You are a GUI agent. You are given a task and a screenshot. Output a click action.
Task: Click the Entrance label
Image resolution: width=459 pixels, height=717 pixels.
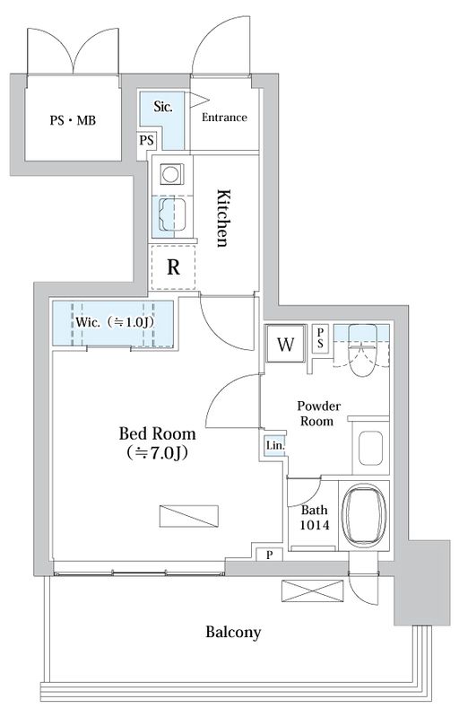click(224, 118)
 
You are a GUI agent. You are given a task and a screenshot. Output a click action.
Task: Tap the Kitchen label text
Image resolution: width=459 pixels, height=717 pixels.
click(222, 218)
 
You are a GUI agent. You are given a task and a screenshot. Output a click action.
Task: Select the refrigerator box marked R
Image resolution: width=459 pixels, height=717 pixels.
click(173, 267)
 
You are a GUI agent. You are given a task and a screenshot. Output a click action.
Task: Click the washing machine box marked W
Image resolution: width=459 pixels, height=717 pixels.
click(285, 344)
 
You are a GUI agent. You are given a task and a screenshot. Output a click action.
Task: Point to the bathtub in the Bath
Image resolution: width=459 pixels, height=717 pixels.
click(364, 515)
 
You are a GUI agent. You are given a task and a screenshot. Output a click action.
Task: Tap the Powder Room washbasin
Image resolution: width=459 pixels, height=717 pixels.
click(370, 448)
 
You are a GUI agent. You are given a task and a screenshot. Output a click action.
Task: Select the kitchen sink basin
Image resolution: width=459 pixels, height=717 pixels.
click(172, 214)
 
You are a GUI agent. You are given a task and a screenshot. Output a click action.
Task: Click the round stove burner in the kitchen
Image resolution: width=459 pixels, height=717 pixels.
click(172, 174)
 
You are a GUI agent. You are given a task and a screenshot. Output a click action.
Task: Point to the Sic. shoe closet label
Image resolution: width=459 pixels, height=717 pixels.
click(163, 107)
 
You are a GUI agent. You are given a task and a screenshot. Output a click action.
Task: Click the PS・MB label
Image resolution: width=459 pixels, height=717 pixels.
click(73, 121)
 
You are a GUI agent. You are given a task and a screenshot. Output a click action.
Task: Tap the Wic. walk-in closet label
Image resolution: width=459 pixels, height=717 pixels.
click(114, 322)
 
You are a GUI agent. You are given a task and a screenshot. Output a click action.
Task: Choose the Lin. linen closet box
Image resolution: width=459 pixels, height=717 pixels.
click(275, 445)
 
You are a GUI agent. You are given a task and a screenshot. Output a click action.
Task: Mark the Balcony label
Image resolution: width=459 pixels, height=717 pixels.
click(233, 632)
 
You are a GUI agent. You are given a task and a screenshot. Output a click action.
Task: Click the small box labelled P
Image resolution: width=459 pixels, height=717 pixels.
click(269, 555)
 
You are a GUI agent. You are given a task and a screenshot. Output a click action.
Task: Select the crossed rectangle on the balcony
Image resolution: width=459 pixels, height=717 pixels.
click(312, 590)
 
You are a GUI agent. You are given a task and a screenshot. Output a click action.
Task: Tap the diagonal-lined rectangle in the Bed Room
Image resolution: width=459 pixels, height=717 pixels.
click(188, 516)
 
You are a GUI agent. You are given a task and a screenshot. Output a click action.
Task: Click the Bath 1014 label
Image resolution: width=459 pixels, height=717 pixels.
click(315, 517)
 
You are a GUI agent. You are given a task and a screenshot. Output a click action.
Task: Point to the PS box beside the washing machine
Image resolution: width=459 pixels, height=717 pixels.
click(320, 338)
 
